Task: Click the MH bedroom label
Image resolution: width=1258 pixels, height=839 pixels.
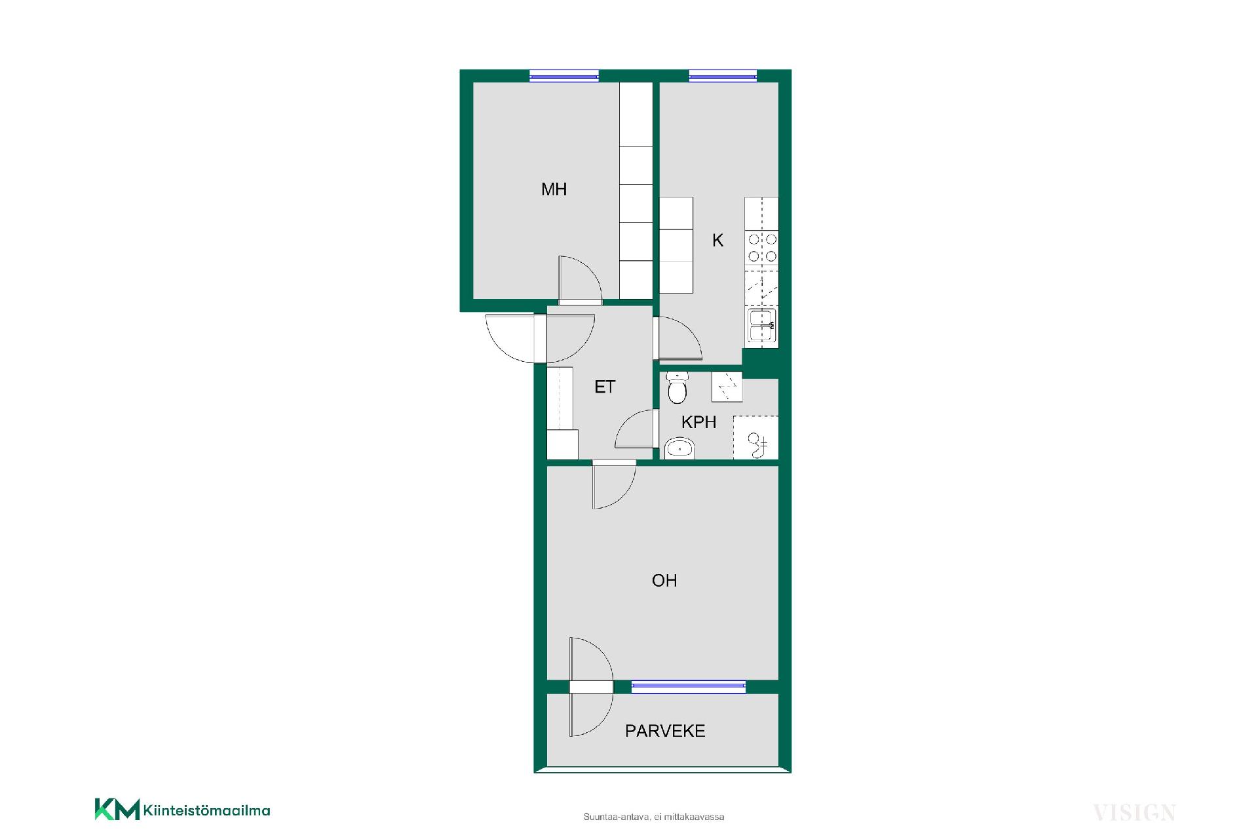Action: point(554,189)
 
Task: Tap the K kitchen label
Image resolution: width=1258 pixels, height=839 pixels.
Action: point(717,241)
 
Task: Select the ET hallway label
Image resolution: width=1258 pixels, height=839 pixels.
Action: point(605,387)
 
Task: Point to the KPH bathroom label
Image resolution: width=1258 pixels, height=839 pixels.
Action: point(698,422)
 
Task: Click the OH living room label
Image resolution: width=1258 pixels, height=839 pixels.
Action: point(664,580)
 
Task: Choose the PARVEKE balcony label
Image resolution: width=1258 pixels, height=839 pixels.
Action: point(665,731)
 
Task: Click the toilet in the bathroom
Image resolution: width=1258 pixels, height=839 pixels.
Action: point(677,387)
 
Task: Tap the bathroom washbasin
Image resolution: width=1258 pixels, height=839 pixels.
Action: point(680,448)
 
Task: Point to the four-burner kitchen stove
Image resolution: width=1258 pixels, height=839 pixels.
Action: point(762,248)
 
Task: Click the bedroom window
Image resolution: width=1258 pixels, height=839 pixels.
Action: point(564,76)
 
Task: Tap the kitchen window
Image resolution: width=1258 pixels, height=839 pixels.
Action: point(723,76)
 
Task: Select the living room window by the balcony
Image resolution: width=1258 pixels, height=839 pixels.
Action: point(689,687)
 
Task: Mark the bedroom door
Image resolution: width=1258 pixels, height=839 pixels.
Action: point(579,279)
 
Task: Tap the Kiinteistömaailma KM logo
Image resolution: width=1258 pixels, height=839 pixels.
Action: point(182,810)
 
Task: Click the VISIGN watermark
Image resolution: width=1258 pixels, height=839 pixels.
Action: point(1134,813)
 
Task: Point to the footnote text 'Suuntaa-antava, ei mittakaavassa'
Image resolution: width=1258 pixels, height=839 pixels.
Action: point(654,817)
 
